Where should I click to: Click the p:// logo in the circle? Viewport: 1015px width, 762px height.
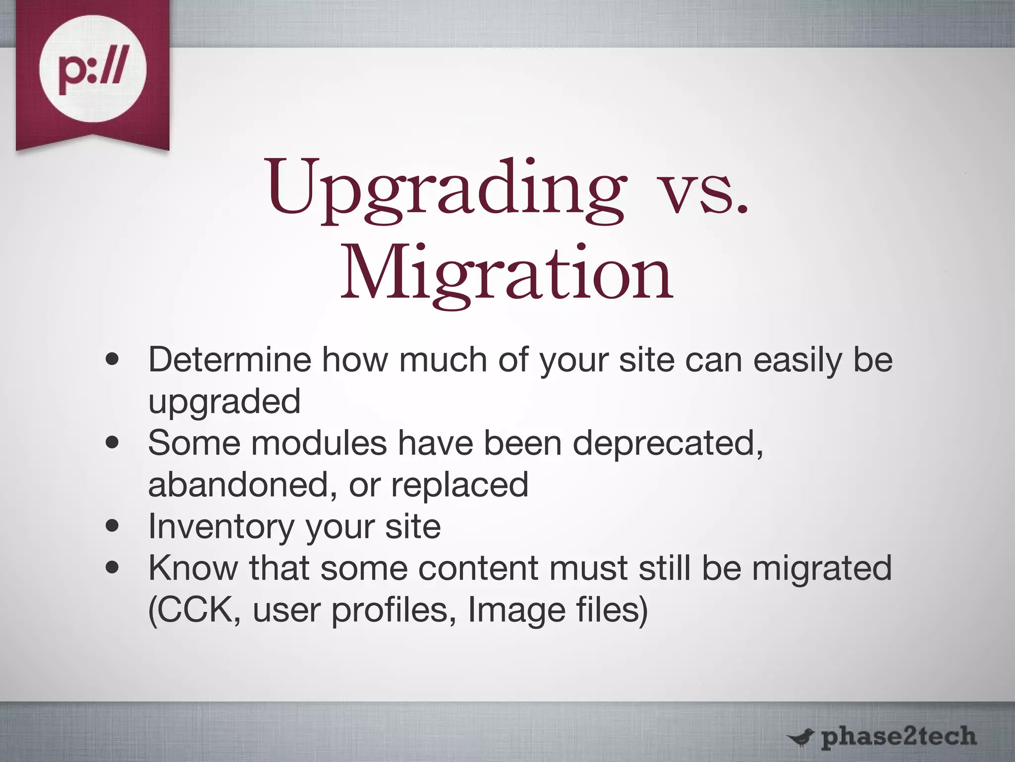pyautogui.click(x=93, y=69)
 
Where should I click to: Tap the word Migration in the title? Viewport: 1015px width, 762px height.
pyautogui.click(x=507, y=274)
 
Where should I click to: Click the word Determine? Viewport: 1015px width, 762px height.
pyautogui.click(x=229, y=360)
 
